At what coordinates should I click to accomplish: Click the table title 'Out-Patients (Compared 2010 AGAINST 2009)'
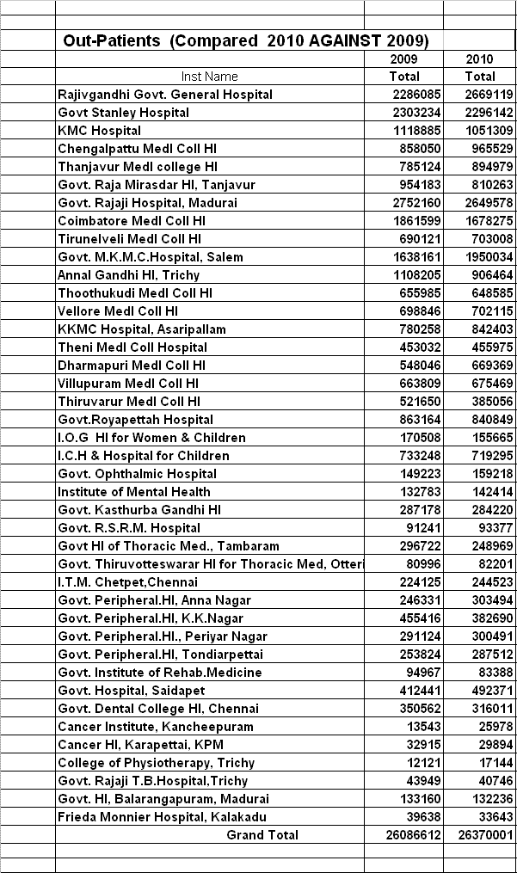pos(245,40)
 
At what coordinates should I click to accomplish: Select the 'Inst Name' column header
pos(210,77)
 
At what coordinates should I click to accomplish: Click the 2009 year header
pos(404,59)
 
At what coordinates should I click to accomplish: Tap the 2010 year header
pos(479,59)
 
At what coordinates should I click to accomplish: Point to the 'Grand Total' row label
pos(262,834)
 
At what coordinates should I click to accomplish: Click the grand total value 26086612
pos(404,834)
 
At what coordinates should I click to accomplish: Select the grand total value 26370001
pos(479,834)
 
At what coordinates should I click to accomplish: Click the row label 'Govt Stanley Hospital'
pos(123,113)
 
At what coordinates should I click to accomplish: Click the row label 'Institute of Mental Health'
pos(133,492)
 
